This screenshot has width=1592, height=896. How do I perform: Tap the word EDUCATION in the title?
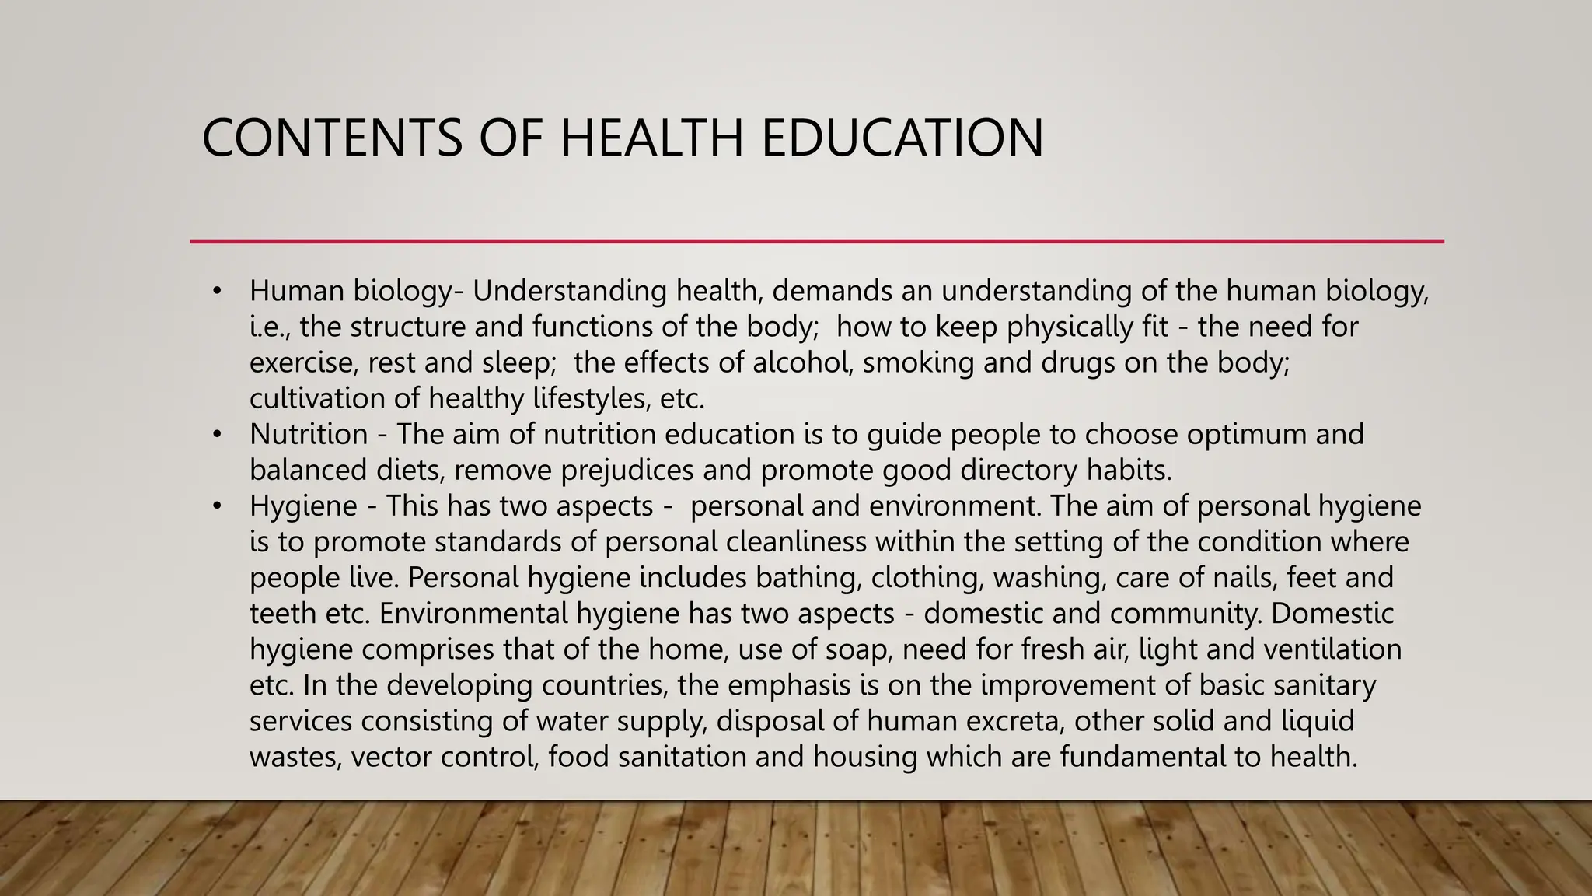902,138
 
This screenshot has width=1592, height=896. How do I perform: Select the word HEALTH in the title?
655,138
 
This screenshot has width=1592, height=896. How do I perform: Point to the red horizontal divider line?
816,241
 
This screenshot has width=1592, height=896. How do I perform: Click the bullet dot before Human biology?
217,292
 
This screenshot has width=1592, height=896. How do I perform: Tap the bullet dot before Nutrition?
217,435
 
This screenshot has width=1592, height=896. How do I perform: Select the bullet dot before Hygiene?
217,506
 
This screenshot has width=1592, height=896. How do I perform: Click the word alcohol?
803,362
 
